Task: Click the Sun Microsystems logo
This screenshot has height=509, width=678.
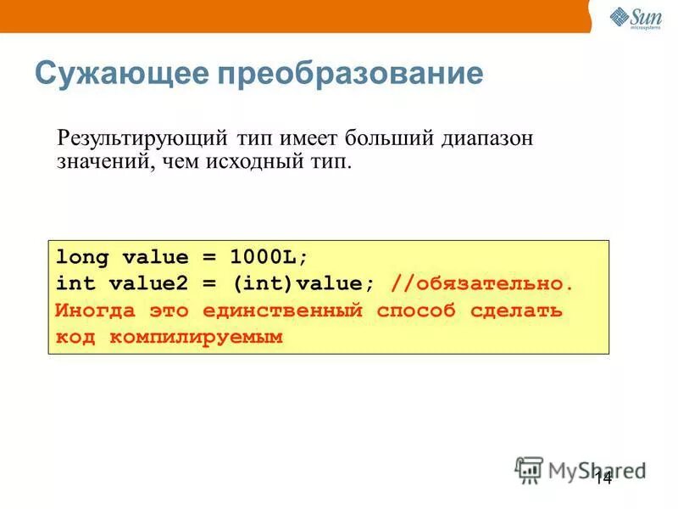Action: (x=634, y=17)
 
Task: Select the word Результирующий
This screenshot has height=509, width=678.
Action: (x=140, y=137)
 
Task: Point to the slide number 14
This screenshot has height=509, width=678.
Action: (x=603, y=478)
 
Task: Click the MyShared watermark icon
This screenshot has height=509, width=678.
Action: (x=530, y=469)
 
